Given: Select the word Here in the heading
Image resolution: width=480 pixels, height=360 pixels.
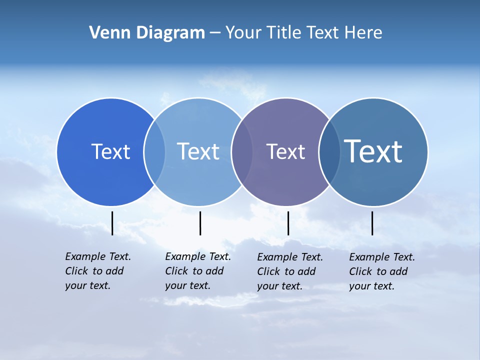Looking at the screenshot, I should (363, 33).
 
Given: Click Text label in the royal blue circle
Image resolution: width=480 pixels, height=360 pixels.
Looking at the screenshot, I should (110, 151).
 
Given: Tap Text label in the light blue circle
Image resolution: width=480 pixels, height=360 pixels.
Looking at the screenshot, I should (198, 151).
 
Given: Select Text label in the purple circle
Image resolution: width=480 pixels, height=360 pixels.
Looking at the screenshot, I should (285, 151).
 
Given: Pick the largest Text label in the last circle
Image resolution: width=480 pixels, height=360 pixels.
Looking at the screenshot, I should (373, 151).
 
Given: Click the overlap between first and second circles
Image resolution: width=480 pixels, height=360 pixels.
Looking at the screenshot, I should (154, 152).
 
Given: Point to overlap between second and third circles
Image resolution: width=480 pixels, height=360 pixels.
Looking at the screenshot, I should (241, 152).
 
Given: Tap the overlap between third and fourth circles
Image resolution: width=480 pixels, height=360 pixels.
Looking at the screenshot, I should (329, 152).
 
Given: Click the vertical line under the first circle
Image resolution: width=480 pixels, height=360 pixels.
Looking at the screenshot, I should (112, 223).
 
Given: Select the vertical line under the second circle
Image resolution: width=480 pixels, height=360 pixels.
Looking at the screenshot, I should (200, 223).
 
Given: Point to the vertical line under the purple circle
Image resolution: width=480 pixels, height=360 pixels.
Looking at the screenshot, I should (288, 223).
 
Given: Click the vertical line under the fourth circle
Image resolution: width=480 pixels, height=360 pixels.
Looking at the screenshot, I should (372, 223).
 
